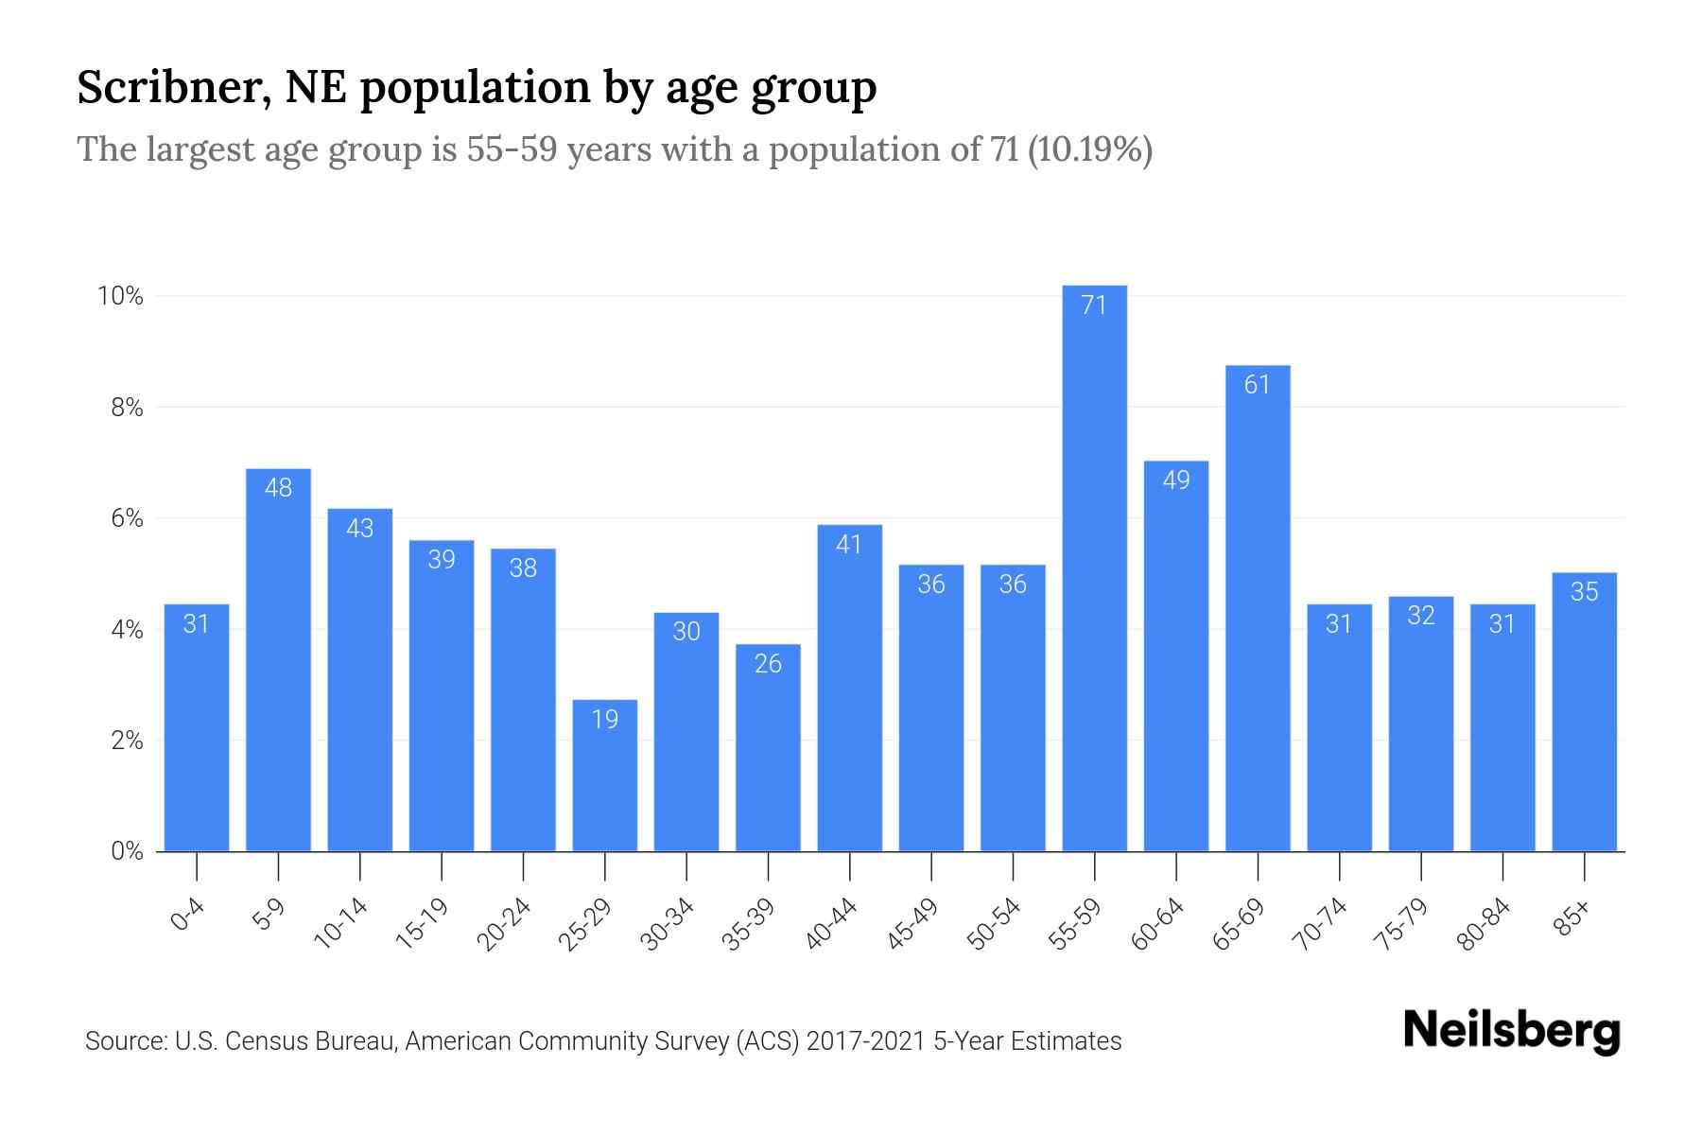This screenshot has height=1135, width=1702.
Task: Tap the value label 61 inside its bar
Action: point(1257,385)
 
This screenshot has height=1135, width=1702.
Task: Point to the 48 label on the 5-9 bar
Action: point(278,488)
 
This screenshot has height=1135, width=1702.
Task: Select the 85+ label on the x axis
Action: point(1573,918)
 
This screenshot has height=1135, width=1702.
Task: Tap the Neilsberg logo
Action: point(1511,1030)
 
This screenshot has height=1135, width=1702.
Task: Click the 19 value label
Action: point(604,720)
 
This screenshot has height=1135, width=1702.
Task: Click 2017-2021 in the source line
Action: point(865,1041)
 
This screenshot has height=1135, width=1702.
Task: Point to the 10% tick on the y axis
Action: point(120,297)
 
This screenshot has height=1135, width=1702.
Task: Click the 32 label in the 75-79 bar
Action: point(1420,616)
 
